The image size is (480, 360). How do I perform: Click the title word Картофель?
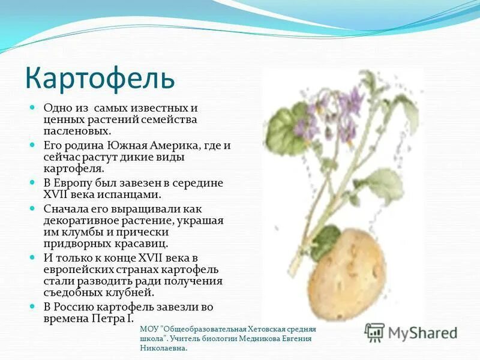[100, 78]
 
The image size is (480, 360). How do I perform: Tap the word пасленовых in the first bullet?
[76, 130]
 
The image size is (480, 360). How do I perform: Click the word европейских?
[80, 269]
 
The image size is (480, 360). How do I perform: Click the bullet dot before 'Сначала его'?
[34, 208]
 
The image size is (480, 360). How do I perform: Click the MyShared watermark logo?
[412, 332]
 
